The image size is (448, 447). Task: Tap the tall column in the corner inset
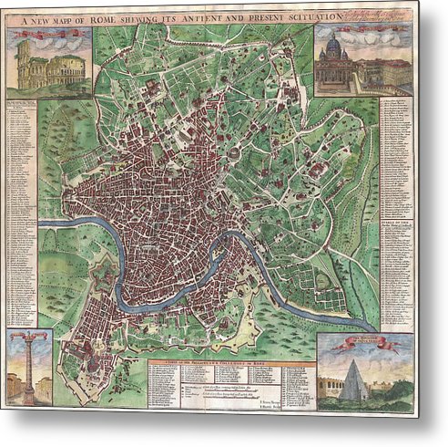29,365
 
